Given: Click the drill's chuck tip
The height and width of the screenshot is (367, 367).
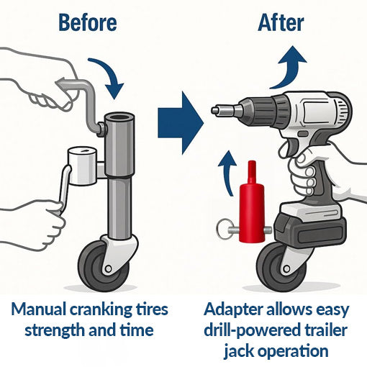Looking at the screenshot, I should tap(217, 111).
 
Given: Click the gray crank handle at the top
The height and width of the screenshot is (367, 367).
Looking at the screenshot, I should tap(87, 101).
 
